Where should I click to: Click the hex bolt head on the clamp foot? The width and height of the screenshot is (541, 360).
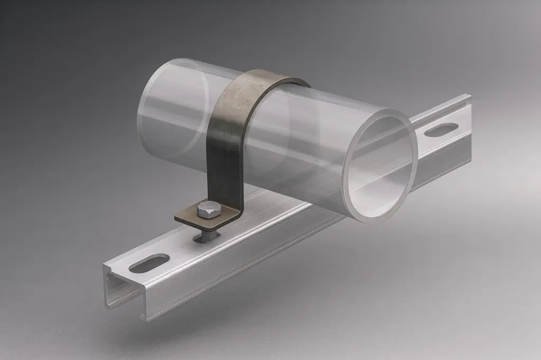coord(206,210)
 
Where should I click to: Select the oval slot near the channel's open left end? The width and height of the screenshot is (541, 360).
coord(149,263)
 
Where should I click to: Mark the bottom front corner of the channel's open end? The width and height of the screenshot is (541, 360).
coord(142,319)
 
